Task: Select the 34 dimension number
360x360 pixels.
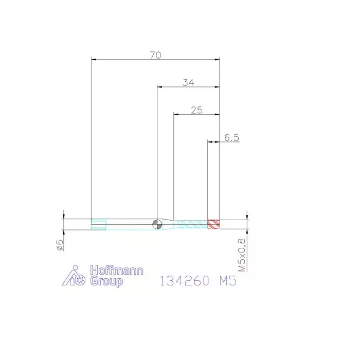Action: click(188, 82)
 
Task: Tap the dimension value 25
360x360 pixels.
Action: click(196, 110)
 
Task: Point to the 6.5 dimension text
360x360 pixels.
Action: click(232, 137)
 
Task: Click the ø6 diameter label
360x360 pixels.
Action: click(59, 245)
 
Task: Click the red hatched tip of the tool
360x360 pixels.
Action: click(213, 224)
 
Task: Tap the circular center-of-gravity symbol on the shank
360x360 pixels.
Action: click(156, 223)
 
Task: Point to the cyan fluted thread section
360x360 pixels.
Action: click(190, 224)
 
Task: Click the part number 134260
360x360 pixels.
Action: click(183, 281)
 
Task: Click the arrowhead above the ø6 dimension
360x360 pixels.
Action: click(63, 216)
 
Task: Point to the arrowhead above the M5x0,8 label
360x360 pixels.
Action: click(247, 216)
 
